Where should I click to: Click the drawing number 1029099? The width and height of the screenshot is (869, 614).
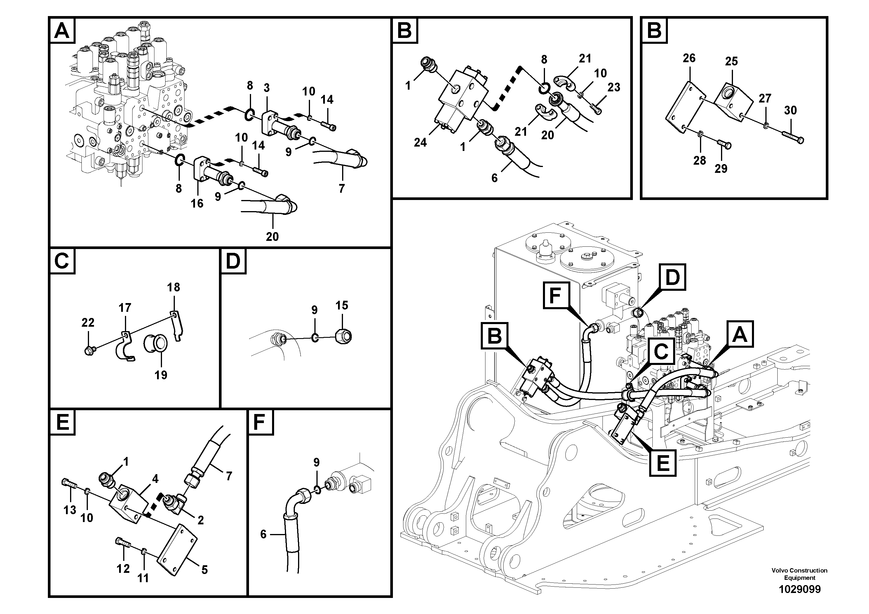click(x=799, y=589)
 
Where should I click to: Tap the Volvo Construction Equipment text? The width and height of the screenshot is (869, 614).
click(x=799, y=574)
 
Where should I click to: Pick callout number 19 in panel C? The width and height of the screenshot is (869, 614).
click(x=161, y=375)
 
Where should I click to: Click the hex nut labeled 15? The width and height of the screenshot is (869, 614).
click(x=344, y=336)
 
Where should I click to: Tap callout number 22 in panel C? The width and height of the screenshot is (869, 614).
click(x=88, y=323)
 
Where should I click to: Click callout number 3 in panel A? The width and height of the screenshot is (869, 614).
click(x=267, y=88)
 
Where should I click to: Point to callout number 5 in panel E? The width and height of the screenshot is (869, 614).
click(x=204, y=570)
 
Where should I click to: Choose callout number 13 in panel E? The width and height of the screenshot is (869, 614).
click(x=70, y=510)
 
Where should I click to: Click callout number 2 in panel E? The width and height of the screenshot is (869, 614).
click(x=201, y=520)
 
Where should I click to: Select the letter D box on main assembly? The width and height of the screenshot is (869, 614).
click(x=672, y=277)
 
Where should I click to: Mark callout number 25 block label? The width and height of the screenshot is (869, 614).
click(x=731, y=61)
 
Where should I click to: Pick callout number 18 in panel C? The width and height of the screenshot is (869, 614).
click(x=174, y=287)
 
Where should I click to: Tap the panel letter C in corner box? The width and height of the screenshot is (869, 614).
click(x=62, y=261)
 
